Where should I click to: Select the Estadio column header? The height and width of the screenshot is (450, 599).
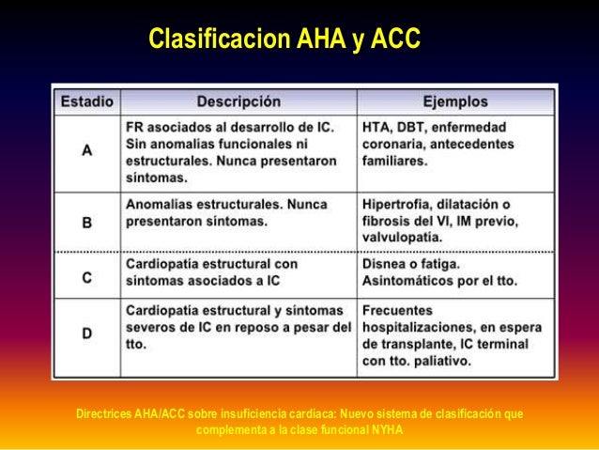[x=87, y=100]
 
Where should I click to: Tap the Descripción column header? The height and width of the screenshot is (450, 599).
[x=238, y=100]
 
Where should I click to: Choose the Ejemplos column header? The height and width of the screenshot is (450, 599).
[x=455, y=100]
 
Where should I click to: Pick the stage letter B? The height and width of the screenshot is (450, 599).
[x=87, y=223]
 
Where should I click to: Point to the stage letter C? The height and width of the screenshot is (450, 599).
[x=87, y=276]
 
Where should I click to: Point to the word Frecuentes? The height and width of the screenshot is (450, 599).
[x=397, y=308]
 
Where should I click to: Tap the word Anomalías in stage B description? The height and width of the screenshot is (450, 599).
[x=161, y=203]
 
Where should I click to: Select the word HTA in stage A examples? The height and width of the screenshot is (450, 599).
[x=377, y=124]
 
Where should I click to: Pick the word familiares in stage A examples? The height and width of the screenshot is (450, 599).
[x=397, y=161]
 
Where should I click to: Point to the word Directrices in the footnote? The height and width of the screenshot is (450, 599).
[x=103, y=413]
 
